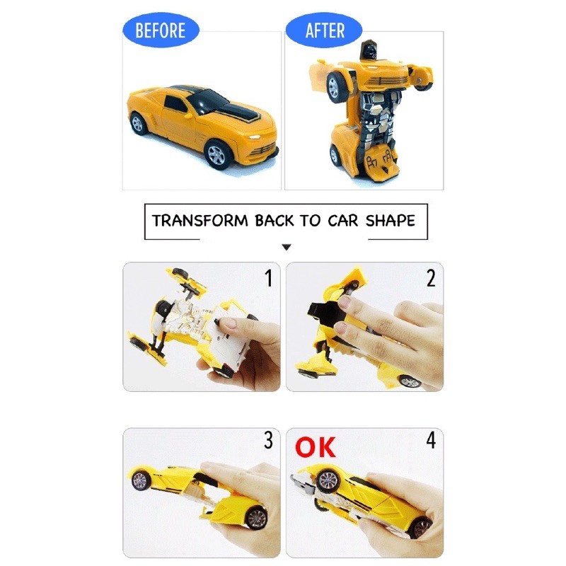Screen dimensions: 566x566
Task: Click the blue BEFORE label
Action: [161, 30]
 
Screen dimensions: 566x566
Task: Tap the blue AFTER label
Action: [324, 30]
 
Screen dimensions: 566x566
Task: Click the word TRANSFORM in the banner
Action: [200, 221]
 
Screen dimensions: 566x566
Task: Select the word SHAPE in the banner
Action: [391, 221]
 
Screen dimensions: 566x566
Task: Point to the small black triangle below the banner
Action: [287, 247]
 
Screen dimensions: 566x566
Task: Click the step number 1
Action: [268, 278]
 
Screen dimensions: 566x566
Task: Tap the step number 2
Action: [431, 278]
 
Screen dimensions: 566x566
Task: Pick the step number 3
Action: [268, 440]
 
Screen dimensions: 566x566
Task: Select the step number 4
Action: [431, 440]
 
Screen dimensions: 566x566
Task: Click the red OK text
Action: [315, 447]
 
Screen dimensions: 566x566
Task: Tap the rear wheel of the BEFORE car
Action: [137, 124]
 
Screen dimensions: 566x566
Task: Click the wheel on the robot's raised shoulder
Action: [335, 86]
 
